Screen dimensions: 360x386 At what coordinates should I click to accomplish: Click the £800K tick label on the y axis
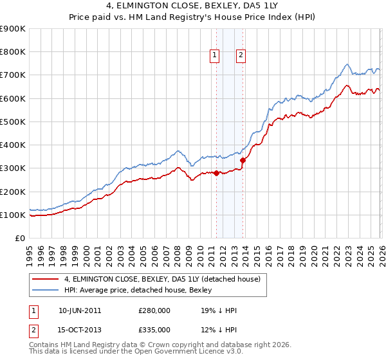(13, 52)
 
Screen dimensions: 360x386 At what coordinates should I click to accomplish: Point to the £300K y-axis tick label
(13, 168)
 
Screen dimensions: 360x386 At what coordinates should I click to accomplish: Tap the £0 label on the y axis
(19, 239)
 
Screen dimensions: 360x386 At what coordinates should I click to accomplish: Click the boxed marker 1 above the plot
(215, 56)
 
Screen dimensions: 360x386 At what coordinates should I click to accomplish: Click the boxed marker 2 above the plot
(241, 56)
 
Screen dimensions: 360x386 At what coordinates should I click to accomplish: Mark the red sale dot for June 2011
(216, 173)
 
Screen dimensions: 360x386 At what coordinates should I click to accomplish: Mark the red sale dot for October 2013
(243, 160)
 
